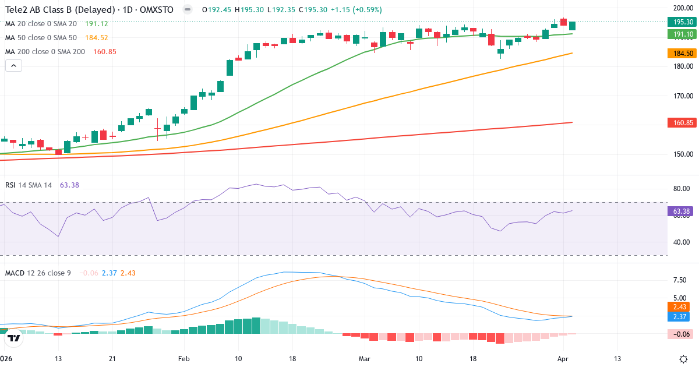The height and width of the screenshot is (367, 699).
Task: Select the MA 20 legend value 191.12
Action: (x=97, y=24)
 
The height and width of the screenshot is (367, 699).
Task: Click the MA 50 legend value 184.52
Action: (x=97, y=38)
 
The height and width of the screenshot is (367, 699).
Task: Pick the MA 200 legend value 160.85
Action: (x=104, y=52)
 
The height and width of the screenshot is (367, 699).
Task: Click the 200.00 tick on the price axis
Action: (x=682, y=8)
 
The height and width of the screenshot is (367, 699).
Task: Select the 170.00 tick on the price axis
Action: (x=682, y=96)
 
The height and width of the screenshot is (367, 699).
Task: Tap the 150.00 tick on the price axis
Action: (x=682, y=154)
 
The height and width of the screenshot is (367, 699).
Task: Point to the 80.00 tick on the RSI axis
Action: (x=682, y=189)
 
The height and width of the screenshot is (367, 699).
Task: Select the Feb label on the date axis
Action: (x=184, y=358)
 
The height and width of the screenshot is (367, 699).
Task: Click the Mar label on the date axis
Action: (x=365, y=358)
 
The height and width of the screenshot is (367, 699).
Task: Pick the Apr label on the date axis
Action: (x=563, y=358)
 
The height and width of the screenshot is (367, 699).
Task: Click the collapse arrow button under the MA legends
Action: (x=13, y=66)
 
